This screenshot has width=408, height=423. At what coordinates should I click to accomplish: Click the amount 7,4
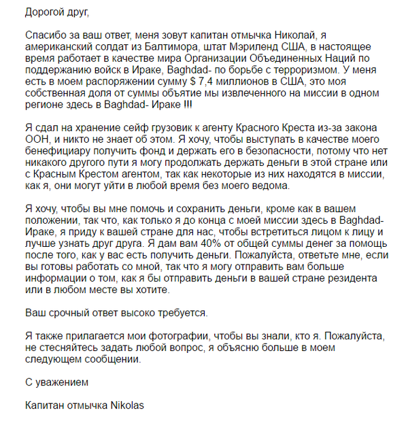206,82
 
